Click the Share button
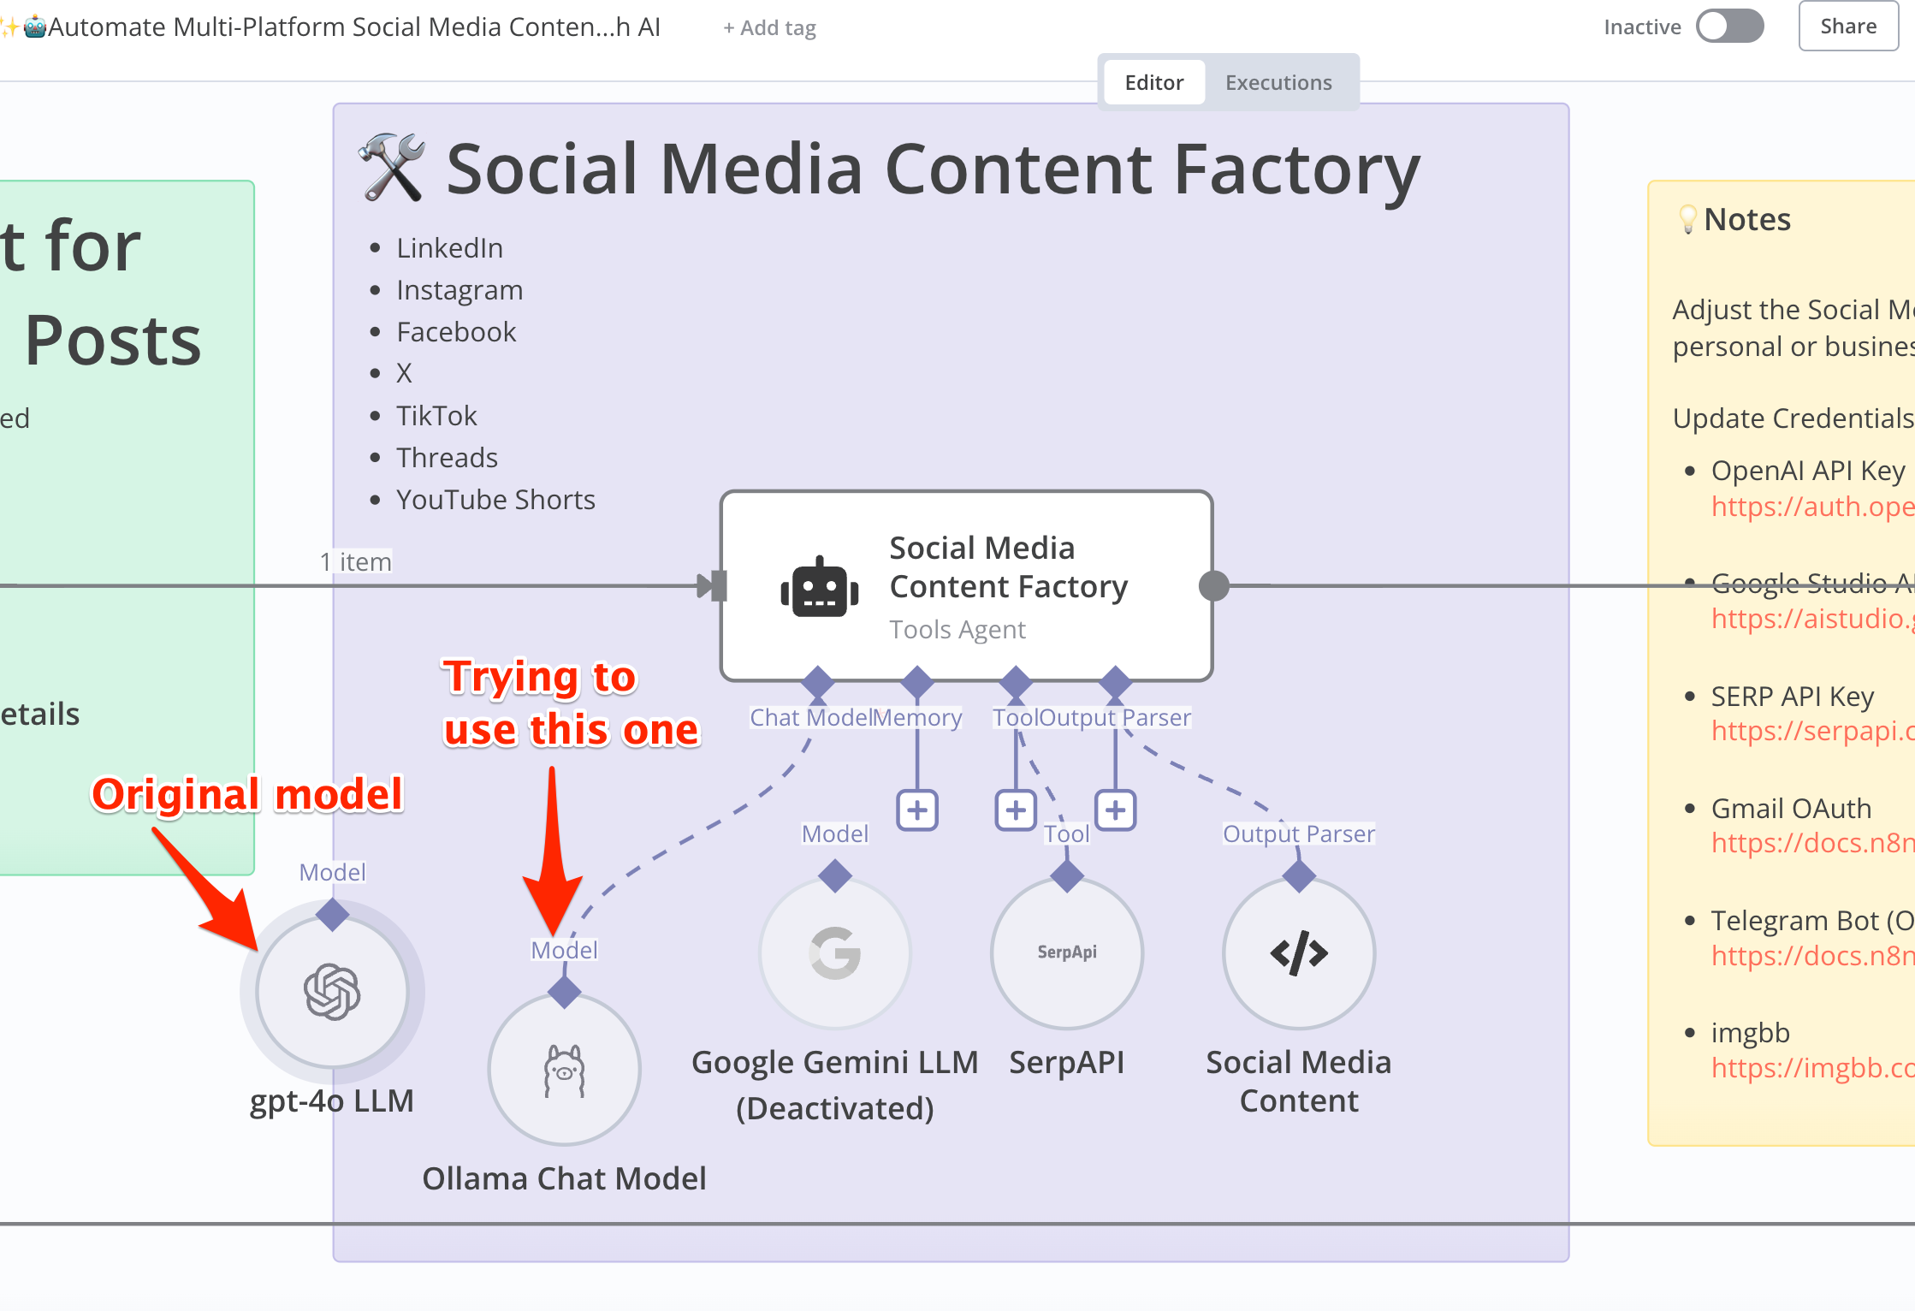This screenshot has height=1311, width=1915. [x=1847, y=27]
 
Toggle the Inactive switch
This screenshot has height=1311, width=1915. [x=1729, y=27]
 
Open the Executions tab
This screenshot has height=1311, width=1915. [x=1278, y=83]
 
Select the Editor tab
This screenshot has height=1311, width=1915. [x=1153, y=83]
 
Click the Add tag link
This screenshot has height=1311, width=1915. [x=769, y=28]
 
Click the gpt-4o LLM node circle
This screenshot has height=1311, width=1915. [x=332, y=992]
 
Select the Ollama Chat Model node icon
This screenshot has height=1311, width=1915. [x=564, y=1070]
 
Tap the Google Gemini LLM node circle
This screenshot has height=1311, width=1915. [x=835, y=952]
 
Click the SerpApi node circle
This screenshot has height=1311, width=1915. [x=1067, y=952]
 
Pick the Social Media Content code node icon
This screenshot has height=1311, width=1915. [x=1299, y=952]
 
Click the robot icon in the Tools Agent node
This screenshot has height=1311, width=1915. [x=820, y=587]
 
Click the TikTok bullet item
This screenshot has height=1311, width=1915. [x=436, y=416]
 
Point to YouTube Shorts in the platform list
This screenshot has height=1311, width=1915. [x=495, y=500]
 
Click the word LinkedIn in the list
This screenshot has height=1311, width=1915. [x=449, y=248]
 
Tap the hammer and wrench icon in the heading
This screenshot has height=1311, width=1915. [x=392, y=168]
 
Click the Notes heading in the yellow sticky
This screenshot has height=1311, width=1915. [x=1746, y=220]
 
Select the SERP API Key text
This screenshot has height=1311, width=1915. [x=1792, y=697]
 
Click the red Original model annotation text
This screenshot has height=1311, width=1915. [x=247, y=794]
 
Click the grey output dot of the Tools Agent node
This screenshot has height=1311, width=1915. [x=1213, y=586]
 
